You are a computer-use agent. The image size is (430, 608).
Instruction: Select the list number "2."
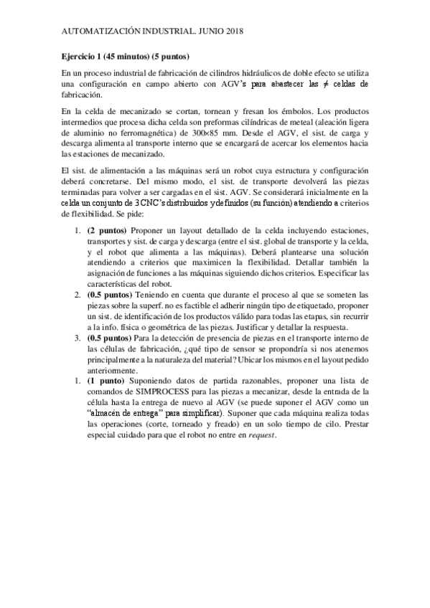[x=78, y=295]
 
